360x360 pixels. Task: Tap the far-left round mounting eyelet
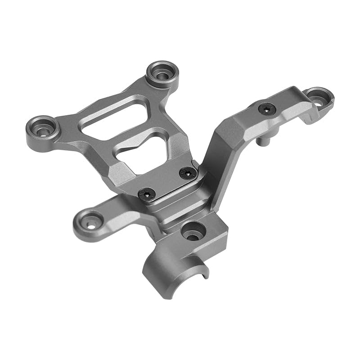43,129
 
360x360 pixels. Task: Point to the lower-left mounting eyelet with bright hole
90,222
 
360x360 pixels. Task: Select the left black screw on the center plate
147,193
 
